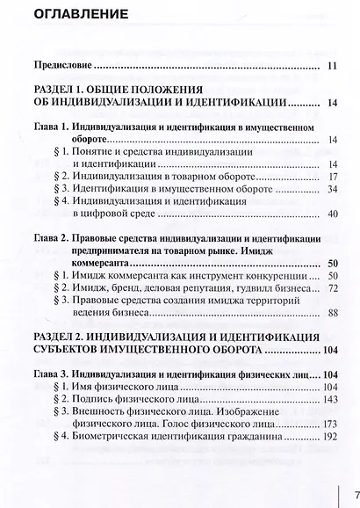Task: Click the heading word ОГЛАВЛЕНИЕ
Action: (79, 14)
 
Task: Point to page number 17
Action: (333, 176)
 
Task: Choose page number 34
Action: (332, 189)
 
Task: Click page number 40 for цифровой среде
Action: (332, 214)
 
